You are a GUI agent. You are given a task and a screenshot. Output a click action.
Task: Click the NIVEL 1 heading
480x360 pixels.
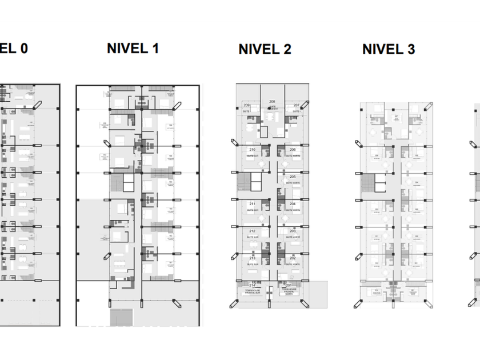point(133,49)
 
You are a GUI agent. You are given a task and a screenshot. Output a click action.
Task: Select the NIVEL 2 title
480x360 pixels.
point(265,50)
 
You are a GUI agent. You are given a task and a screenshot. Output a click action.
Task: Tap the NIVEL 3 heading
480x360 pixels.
point(389,50)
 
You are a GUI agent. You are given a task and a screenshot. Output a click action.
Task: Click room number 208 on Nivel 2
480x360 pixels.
point(273,102)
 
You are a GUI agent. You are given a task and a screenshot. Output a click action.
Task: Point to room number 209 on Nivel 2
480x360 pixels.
point(247,106)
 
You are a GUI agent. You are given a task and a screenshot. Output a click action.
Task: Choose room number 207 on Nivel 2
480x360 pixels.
point(297,106)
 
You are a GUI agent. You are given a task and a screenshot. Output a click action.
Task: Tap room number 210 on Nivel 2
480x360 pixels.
point(252,150)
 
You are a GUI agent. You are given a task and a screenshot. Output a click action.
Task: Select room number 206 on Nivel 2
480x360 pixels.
point(292,150)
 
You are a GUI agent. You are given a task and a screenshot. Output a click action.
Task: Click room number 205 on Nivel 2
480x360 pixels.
point(292,177)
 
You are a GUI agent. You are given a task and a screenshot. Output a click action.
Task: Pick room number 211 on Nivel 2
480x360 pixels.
point(252,204)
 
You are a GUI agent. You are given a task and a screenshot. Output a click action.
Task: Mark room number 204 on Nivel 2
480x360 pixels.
point(292,204)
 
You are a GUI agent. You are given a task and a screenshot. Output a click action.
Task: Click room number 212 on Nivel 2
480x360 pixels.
point(252,231)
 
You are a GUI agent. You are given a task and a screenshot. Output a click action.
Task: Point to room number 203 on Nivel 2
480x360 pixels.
point(292,231)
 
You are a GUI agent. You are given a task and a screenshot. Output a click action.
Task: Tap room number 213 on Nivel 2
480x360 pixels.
point(252,258)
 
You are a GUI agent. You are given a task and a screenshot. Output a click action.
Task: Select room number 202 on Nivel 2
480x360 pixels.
point(292,258)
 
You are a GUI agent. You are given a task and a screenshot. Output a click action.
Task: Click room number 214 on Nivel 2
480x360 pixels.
point(252,285)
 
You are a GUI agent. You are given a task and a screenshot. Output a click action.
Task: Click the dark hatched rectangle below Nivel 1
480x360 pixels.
point(121,317)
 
